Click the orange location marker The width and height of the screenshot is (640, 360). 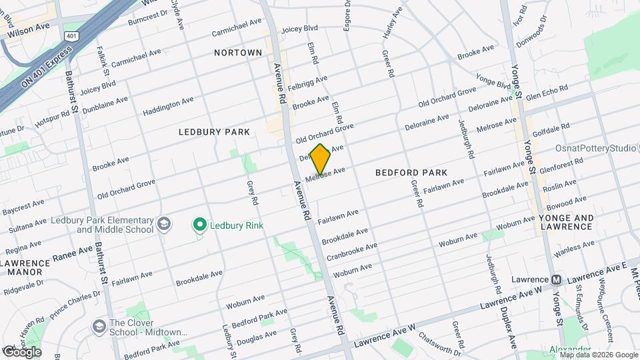pos(320,159)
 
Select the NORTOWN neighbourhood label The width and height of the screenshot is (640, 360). pos(238,52)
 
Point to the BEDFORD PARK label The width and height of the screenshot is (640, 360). pos(411,172)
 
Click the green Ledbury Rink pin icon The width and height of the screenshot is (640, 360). pos(199,225)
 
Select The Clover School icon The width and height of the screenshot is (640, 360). pos(99,327)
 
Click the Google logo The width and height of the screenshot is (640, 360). pos(21,351)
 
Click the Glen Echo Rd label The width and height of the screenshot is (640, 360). pos(546,92)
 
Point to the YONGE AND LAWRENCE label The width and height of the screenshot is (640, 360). pos(566,222)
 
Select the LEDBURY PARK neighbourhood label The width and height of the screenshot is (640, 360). pos(214,132)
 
